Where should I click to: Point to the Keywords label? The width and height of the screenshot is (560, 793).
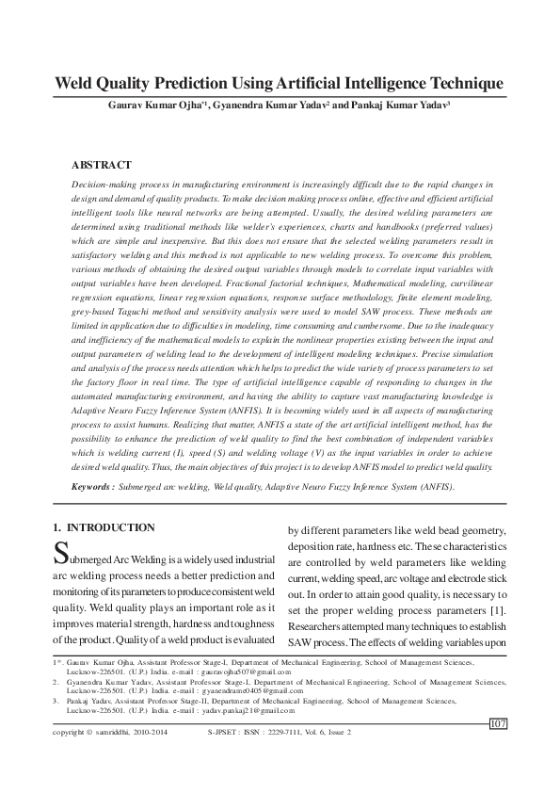click(x=94, y=487)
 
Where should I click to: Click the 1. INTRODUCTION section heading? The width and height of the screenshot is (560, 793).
click(x=104, y=527)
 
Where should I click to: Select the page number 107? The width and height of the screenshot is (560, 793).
click(x=499, y=722)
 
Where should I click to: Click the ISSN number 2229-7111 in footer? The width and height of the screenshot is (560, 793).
click(x=278, y=732)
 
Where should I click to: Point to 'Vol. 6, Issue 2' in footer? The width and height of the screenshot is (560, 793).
click(x=327, y=732)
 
